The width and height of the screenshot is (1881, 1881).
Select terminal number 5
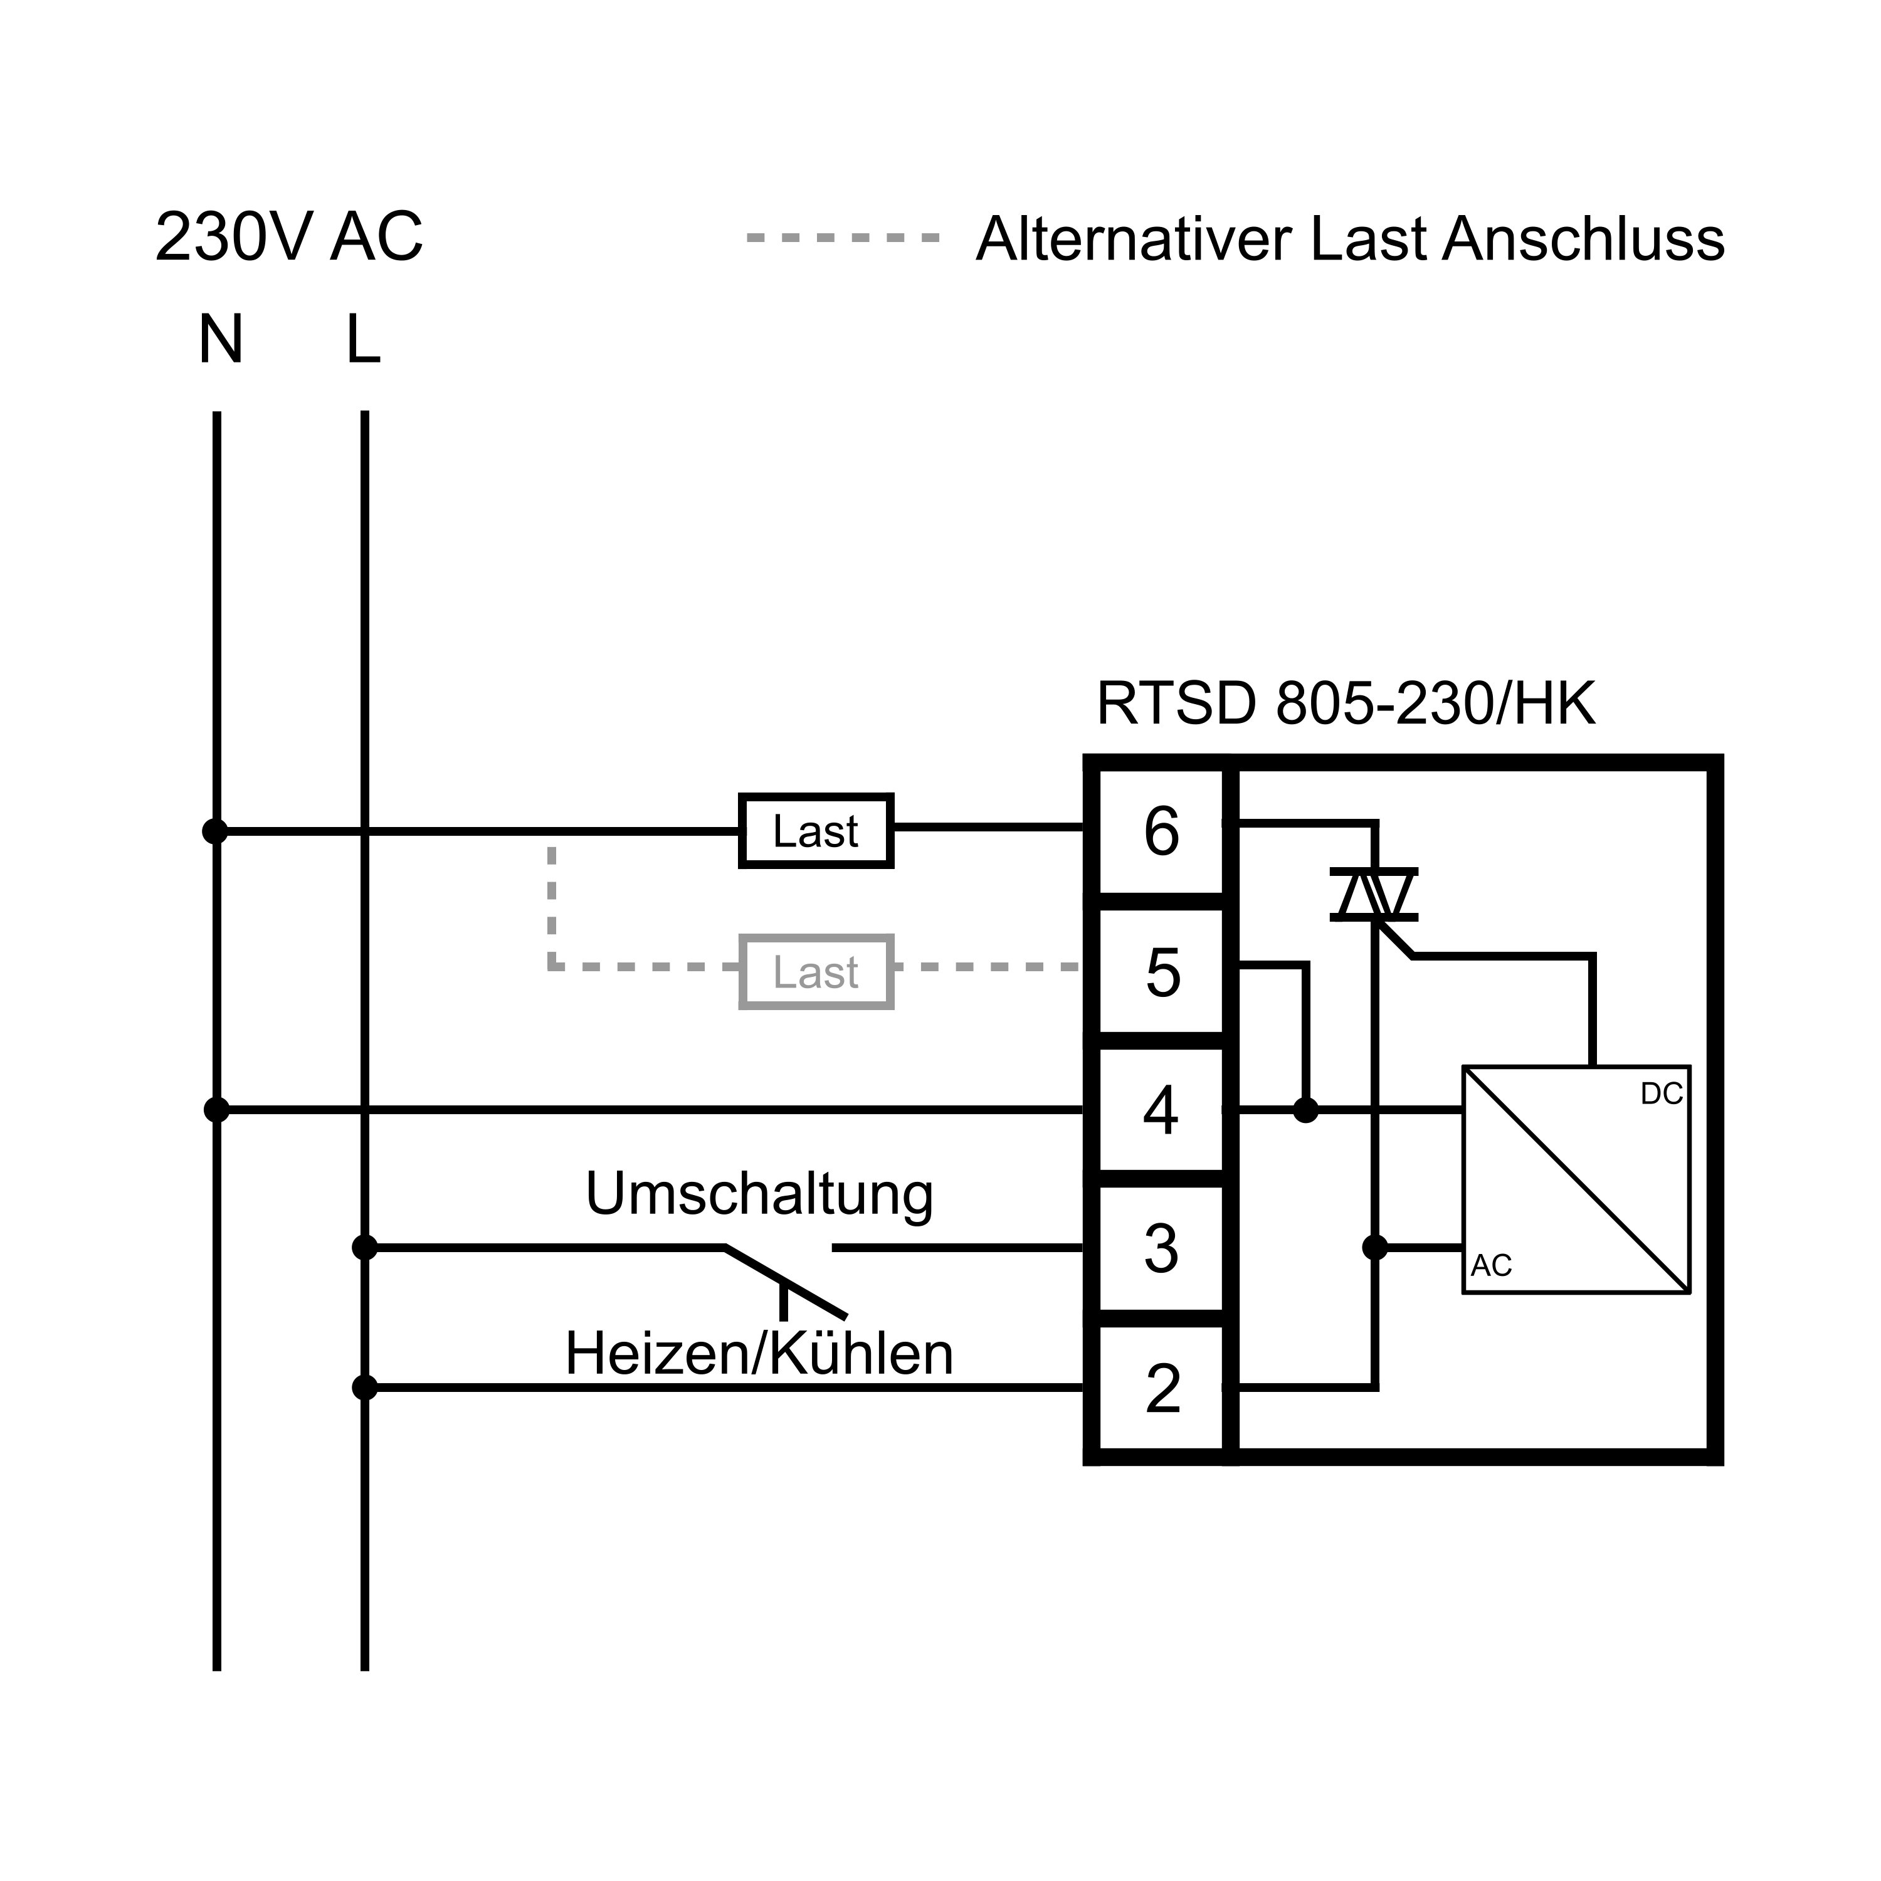click(1162, 972)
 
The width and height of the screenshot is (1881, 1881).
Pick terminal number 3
click(1161, 1248)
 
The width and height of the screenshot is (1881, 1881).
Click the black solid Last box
click(816, 831)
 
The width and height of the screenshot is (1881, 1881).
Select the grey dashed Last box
click(816, 972)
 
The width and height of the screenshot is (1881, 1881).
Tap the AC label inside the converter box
click(1492, 1266)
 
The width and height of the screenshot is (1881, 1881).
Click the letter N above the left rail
click(221, 340)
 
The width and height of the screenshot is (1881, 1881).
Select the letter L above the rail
click(363, 340)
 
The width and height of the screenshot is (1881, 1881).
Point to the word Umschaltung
click(759, 1194)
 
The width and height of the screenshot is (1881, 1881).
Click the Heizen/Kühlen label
click(759, 1354)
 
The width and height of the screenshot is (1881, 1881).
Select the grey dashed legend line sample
click(843, 236)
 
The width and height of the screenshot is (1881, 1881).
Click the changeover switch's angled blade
click(786, 1281)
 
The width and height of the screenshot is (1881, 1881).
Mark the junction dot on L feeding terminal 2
click(364, 1388)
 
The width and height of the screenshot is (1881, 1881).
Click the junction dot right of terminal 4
click(1305, 1110)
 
